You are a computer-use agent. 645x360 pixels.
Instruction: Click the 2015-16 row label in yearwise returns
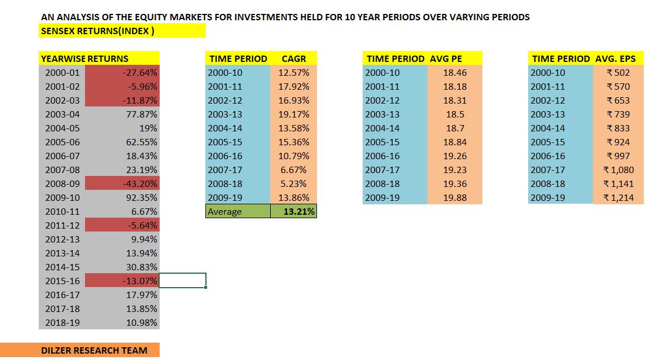point(62,281)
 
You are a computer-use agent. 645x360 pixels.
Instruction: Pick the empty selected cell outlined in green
point(182,281)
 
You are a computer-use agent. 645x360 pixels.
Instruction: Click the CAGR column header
point(293,58)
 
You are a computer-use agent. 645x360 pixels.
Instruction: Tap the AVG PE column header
point(446,58)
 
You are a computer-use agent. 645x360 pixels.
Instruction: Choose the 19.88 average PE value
point(454,197)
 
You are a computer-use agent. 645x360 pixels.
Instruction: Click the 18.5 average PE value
point(454,114)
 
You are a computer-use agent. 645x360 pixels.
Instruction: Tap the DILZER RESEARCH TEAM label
point(94,350)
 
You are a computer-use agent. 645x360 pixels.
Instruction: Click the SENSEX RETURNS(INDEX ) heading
point(97,31)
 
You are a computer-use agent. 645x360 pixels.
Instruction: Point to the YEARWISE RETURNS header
point(84,58)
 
